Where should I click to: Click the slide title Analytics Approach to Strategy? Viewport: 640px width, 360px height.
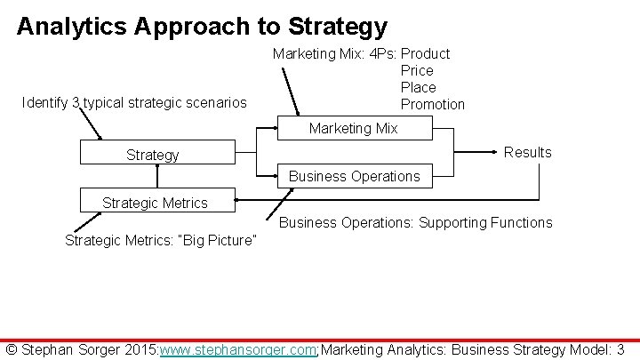(202, 27)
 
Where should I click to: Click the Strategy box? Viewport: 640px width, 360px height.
(152, 154)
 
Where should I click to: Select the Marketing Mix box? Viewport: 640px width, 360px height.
(353, 129)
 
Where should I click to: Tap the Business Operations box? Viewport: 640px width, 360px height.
(354, 176)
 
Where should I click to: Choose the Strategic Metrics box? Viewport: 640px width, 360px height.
(155, 203)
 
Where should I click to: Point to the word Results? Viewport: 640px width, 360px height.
(527, 152)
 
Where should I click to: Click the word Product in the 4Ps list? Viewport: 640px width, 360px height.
(426, 53)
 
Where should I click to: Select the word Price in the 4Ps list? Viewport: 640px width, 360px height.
(417, 70)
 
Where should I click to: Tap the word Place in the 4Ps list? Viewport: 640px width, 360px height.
(418, 87)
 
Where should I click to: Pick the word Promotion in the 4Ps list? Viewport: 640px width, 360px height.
(433, 104)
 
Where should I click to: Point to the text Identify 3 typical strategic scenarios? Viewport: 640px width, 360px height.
(134, 103)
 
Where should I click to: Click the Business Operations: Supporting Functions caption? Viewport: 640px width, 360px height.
(415, 222)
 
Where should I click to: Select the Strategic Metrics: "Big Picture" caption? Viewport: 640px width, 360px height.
(161, 240)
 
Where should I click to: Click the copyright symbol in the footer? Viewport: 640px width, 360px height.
(12, 350)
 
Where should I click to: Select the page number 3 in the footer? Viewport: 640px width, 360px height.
(620, 350)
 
